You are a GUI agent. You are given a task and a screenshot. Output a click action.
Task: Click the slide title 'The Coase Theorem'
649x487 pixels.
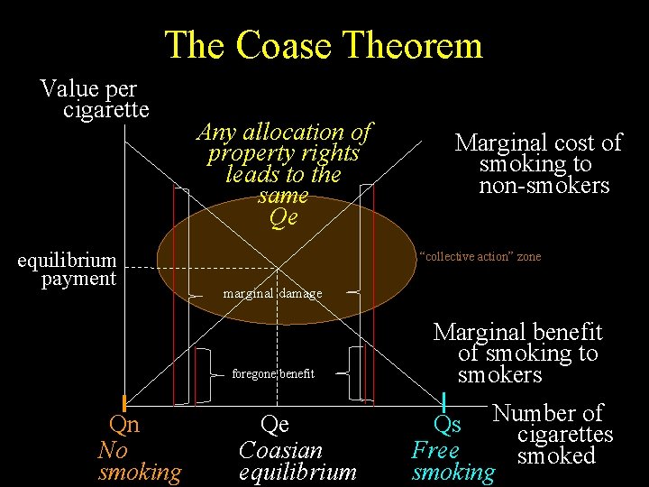coord(324,45)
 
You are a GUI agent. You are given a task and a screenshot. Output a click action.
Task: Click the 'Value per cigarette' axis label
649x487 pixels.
coord(95,99)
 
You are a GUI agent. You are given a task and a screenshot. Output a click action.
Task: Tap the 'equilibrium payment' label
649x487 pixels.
coord(69,270)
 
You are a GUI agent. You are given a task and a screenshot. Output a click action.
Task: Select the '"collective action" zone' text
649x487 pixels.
coord(480,257)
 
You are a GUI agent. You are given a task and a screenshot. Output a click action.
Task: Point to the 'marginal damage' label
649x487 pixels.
coord(272,294)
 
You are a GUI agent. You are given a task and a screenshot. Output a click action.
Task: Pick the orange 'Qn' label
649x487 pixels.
coord(123,424)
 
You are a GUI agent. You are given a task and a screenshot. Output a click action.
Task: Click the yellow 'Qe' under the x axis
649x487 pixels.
coord(274,424)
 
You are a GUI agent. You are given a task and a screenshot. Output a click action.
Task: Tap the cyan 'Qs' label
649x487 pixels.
coord(447,424)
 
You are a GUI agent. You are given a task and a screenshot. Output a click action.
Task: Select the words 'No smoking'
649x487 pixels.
coord(140,461)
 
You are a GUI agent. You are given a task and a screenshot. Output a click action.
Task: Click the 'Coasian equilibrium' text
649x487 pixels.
coord(297,460)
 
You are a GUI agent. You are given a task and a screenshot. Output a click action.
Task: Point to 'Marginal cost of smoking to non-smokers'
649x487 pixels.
coord(539,164)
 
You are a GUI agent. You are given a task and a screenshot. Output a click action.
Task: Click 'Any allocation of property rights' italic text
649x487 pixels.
coord(283,142)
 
